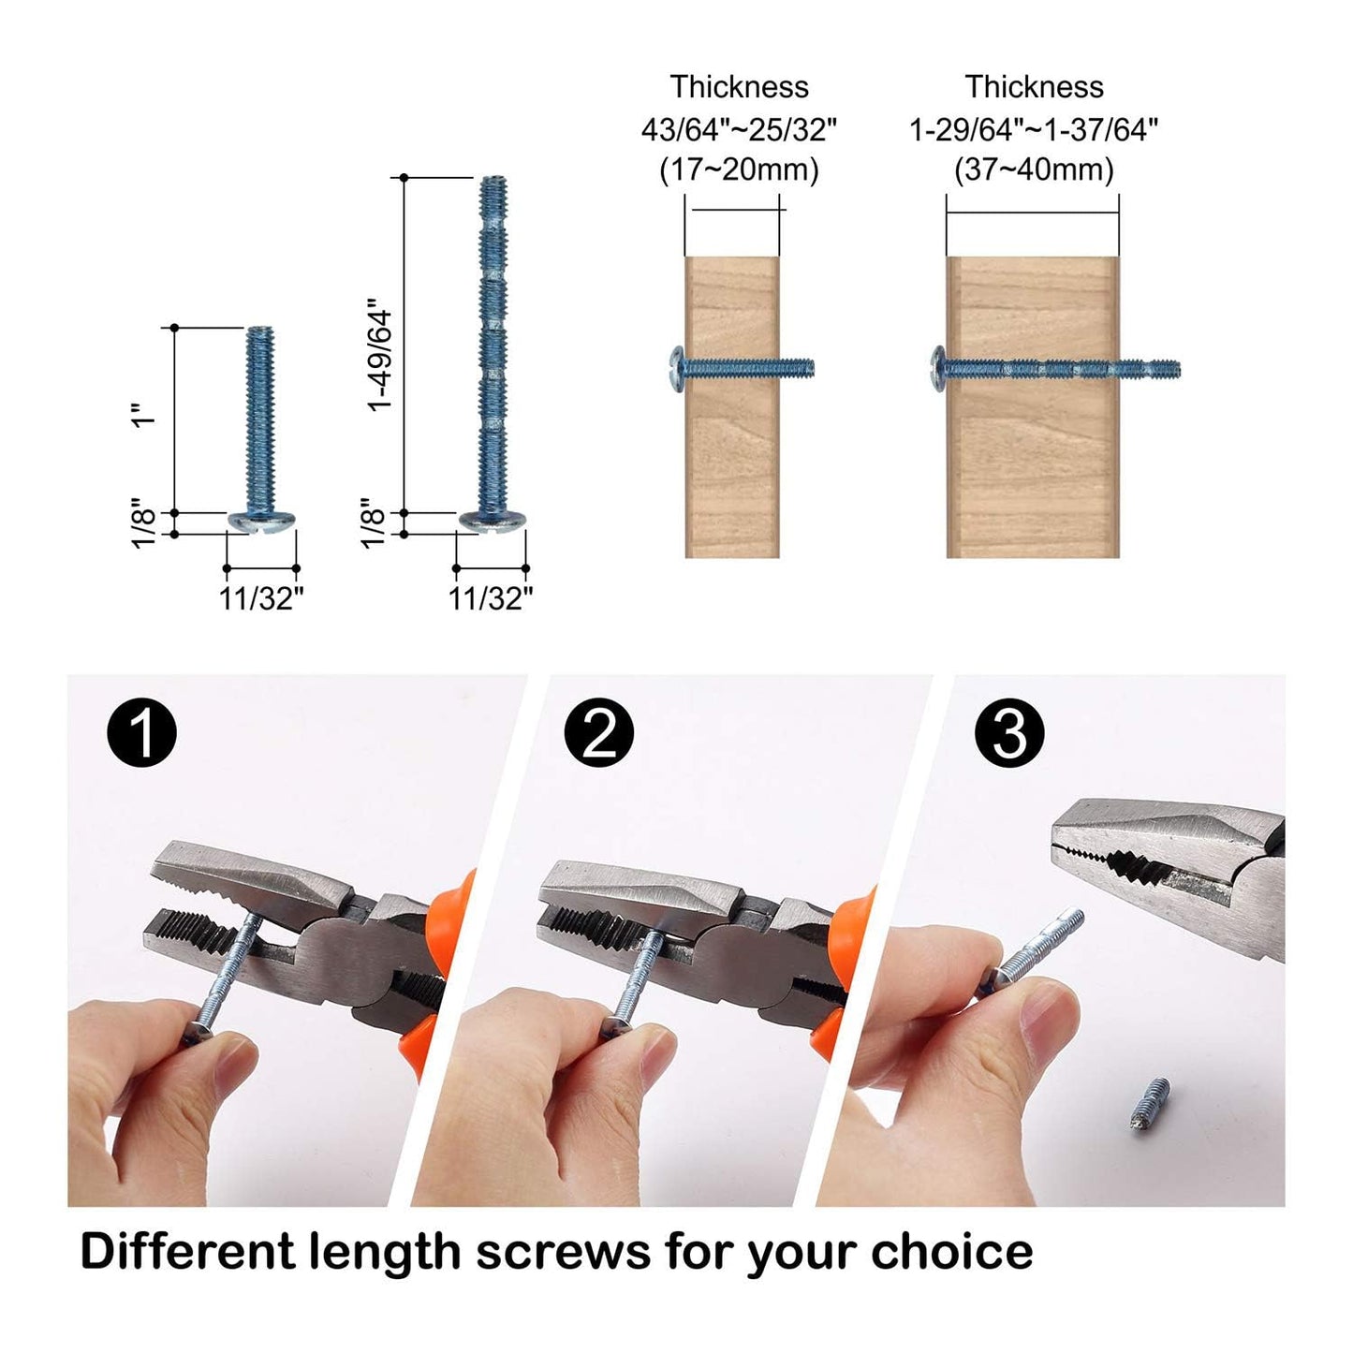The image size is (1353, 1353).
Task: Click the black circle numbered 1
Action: [142, 732]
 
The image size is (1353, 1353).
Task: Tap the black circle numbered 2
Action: [599, 732]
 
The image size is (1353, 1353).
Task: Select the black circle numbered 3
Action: [1009, 732]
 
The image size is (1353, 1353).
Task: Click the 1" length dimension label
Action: [142, 416]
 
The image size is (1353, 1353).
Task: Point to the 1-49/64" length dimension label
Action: [380, 356]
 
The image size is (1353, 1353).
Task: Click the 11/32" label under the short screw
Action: [261, 598]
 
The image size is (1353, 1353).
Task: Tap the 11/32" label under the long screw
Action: [491, 598]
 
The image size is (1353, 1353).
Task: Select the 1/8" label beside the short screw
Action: [142, 524]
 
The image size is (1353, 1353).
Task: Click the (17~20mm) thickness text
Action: [739, 170]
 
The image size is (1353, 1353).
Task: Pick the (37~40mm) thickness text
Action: [1034, 170]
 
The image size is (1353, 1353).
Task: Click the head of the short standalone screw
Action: [261, 521]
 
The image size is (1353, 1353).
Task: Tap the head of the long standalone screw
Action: [492, 521]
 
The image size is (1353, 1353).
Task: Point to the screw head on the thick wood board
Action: [938, 367]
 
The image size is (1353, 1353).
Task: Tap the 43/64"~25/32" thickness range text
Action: [739, 129]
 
